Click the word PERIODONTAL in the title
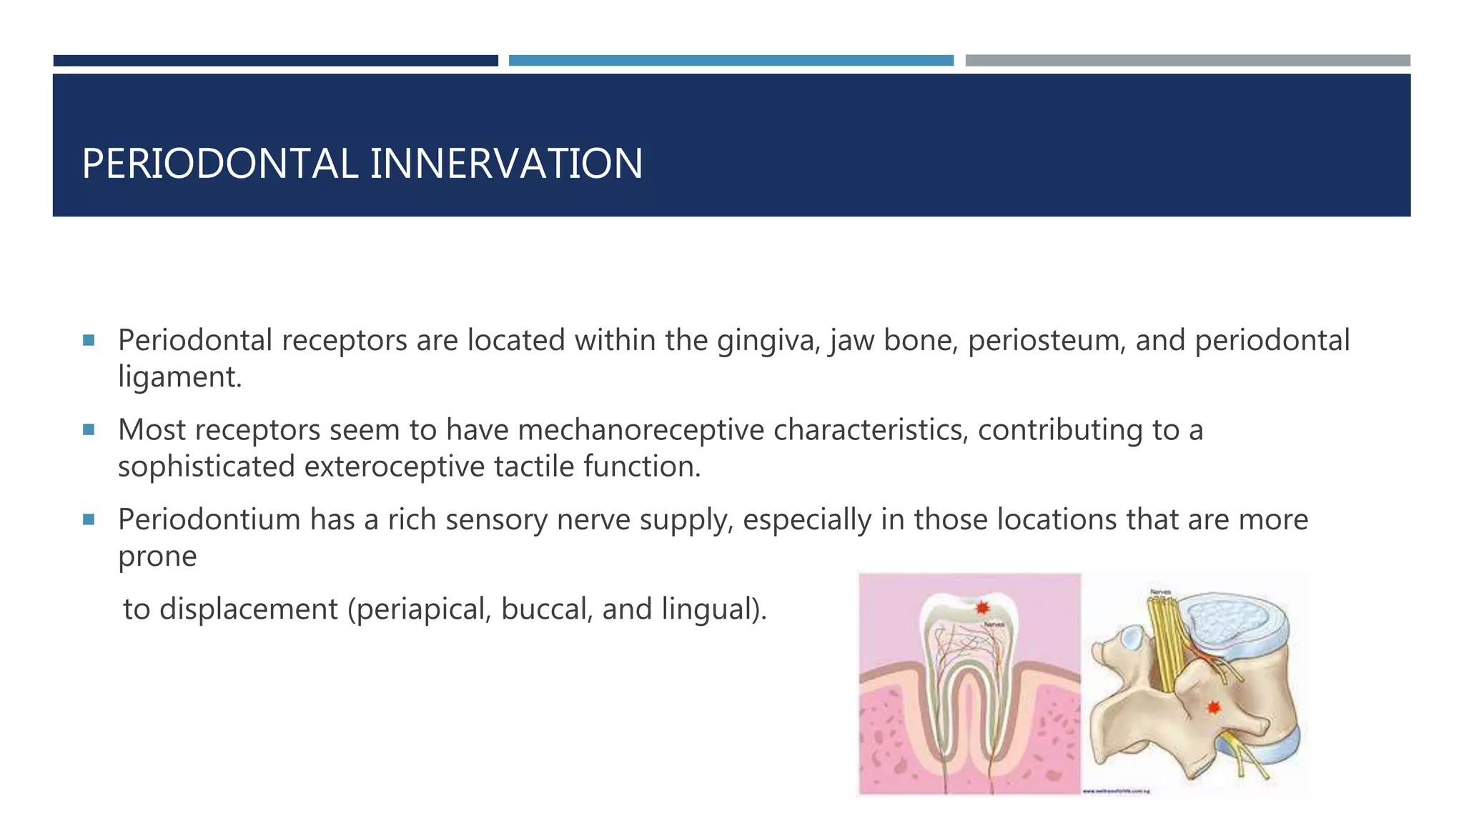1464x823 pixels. coord(220,164)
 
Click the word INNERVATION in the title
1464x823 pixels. coord(506,164)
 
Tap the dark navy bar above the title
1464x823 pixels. coord(275,61)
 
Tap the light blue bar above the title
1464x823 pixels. coord(731,61)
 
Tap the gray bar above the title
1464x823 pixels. coord(1187,61)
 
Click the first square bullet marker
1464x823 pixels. coord(89,340)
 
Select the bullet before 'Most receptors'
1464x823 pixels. coord(89,429)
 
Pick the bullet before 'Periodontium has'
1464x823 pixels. coord(89,519)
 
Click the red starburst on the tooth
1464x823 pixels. coord(982,608)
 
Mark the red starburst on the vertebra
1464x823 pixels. coord(1213,707)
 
